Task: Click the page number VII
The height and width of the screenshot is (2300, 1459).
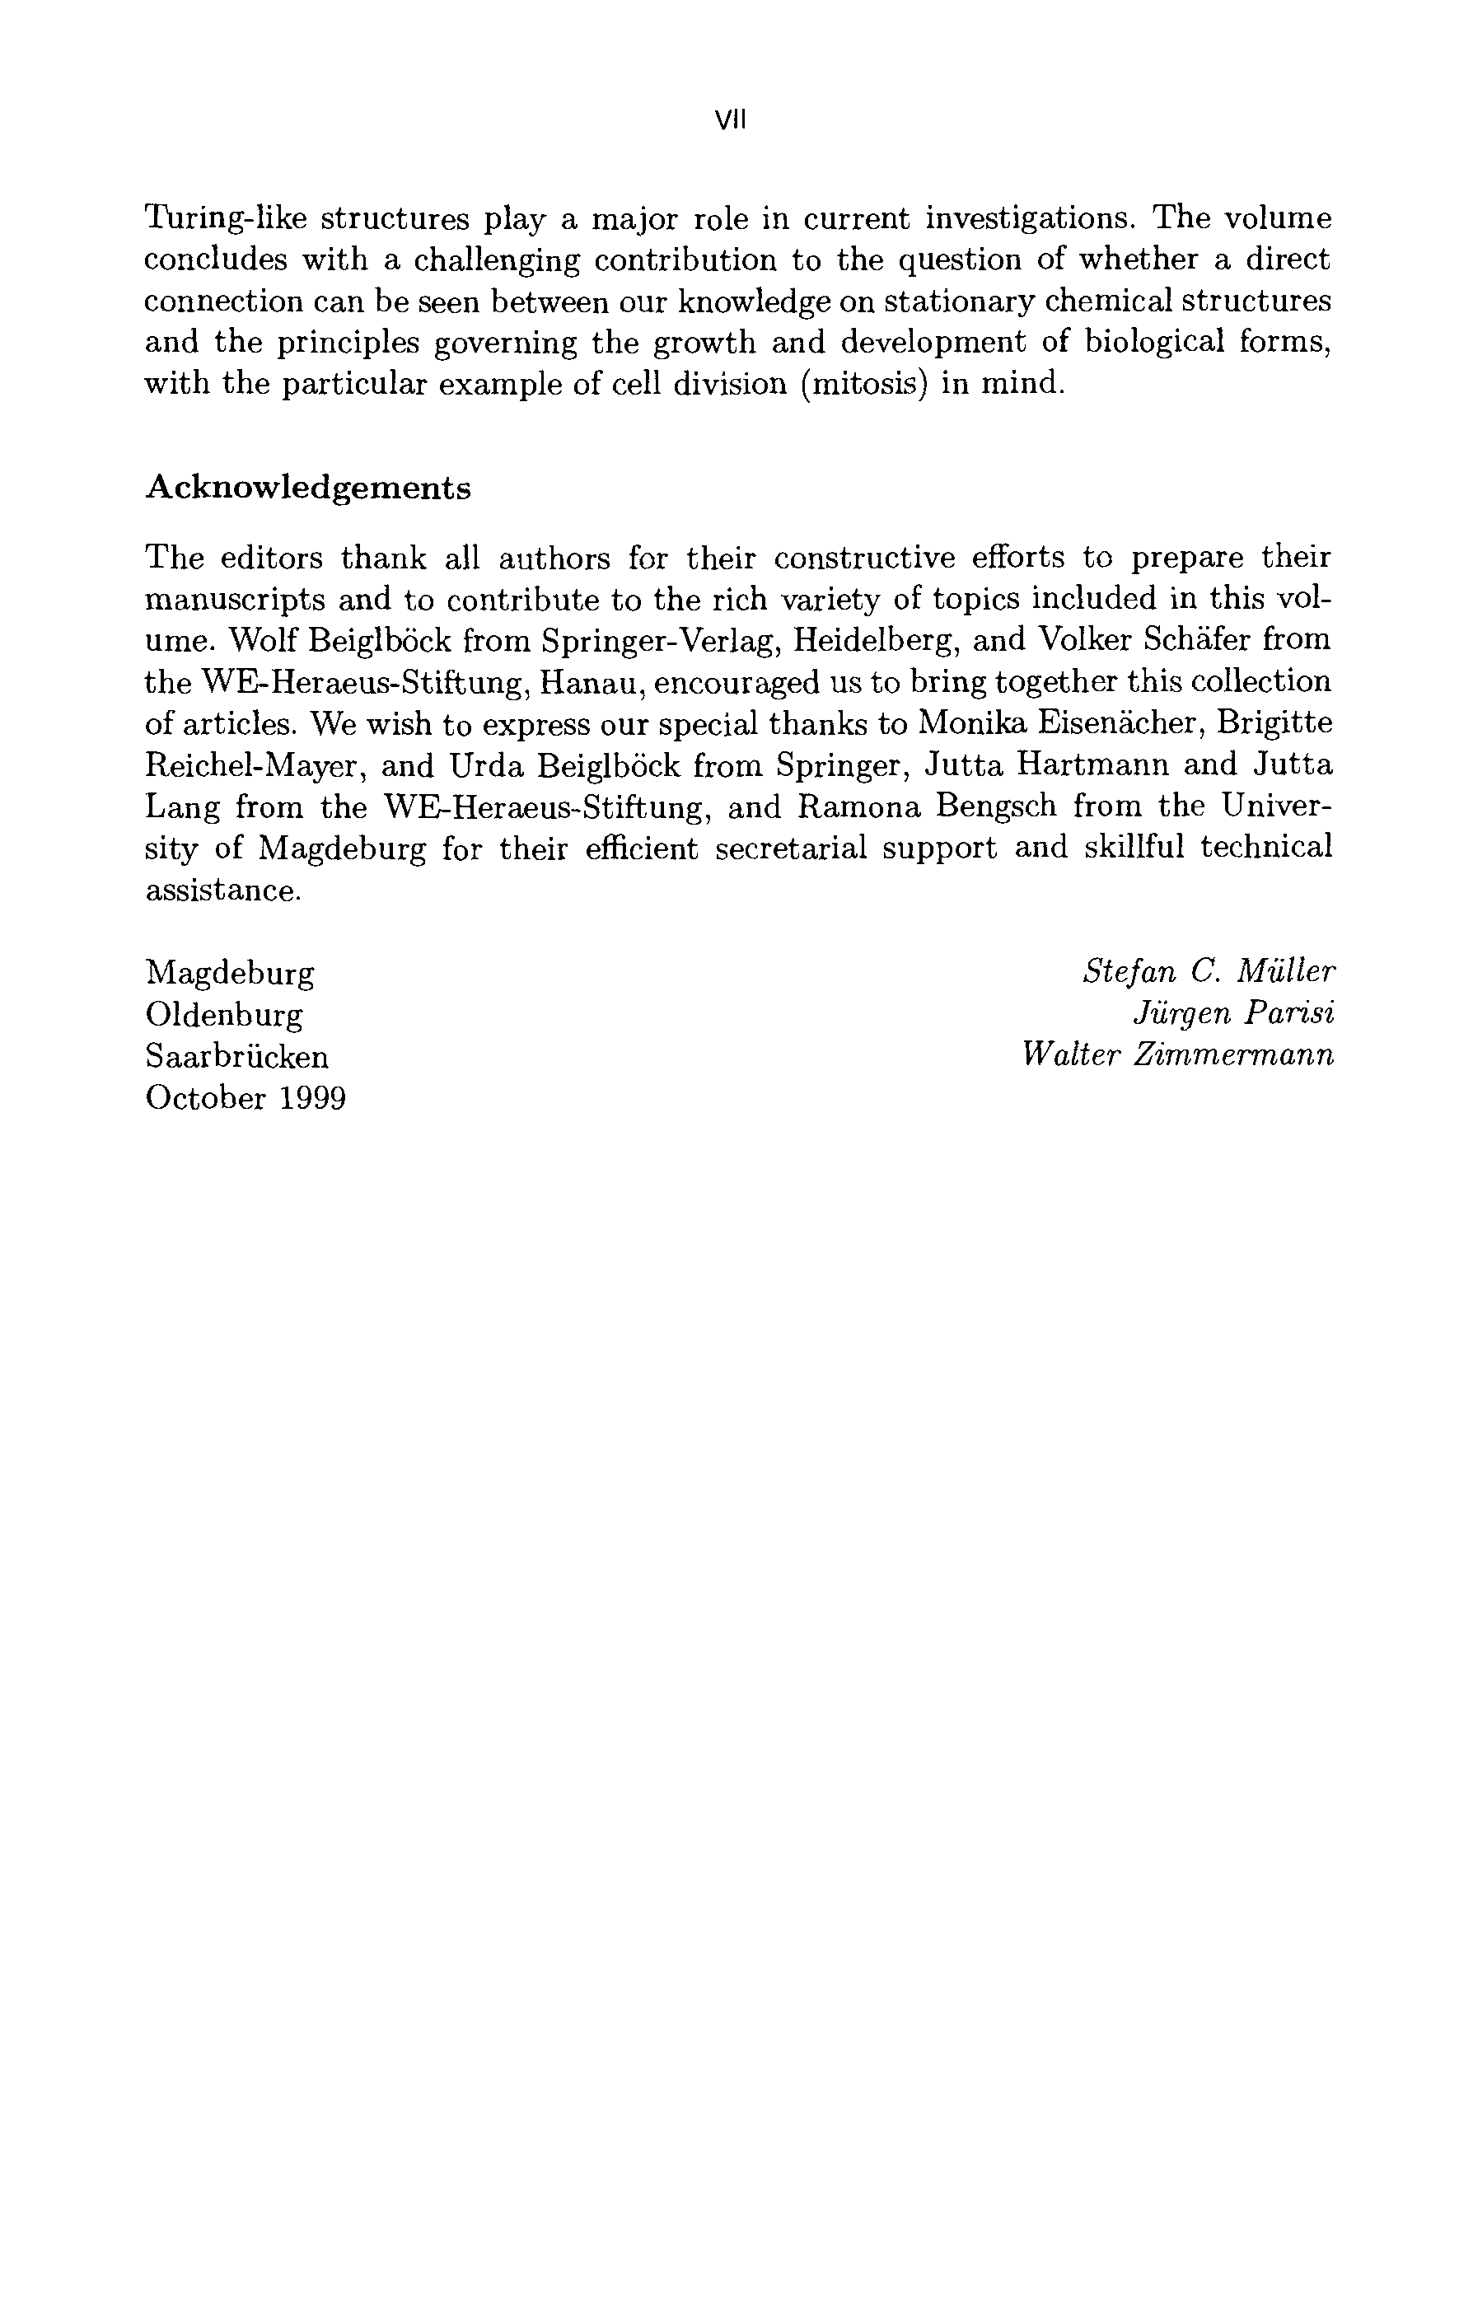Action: point(730,120)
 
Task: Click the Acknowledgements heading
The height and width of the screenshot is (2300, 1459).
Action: point(307,488)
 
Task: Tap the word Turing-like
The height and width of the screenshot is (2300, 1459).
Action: point(226,219)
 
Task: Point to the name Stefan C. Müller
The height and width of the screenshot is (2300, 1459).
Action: point(1209,971)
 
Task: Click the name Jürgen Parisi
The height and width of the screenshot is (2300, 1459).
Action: point(1232,1013)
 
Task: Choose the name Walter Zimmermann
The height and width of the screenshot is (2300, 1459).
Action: point(1177,1055)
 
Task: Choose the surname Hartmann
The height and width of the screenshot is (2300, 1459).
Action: point(1084,765)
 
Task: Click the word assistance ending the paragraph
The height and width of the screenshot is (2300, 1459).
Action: point(222,891)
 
